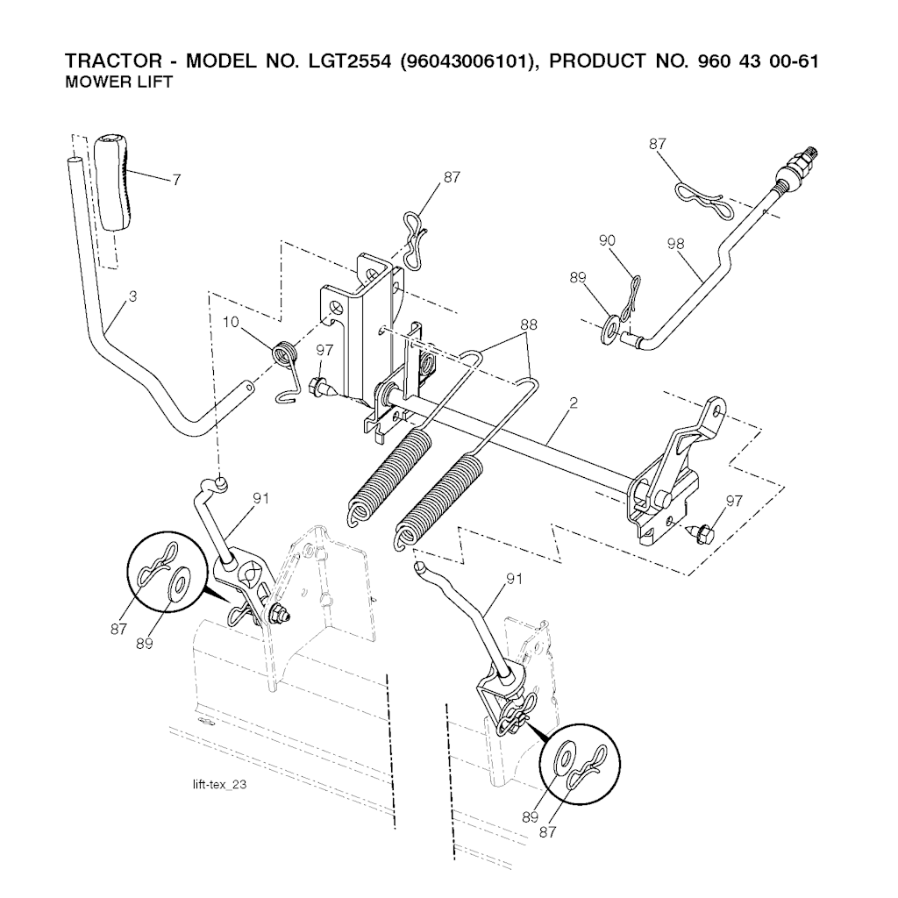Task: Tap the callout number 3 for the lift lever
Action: click(133, 296)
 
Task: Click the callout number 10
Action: click(231, 322)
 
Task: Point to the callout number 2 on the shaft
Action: click(574, 403)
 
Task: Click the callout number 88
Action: click(529, 324)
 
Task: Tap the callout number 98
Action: click(676, 244)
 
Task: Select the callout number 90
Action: click(607, 240)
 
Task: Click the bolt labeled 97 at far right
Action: click(699, 531)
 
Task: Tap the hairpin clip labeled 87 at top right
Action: click(702, 199)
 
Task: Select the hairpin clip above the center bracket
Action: click(414, 239)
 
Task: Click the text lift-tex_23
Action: click(220, 784)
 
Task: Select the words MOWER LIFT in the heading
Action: click(118, 82)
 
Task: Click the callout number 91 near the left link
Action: click(260, 498)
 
